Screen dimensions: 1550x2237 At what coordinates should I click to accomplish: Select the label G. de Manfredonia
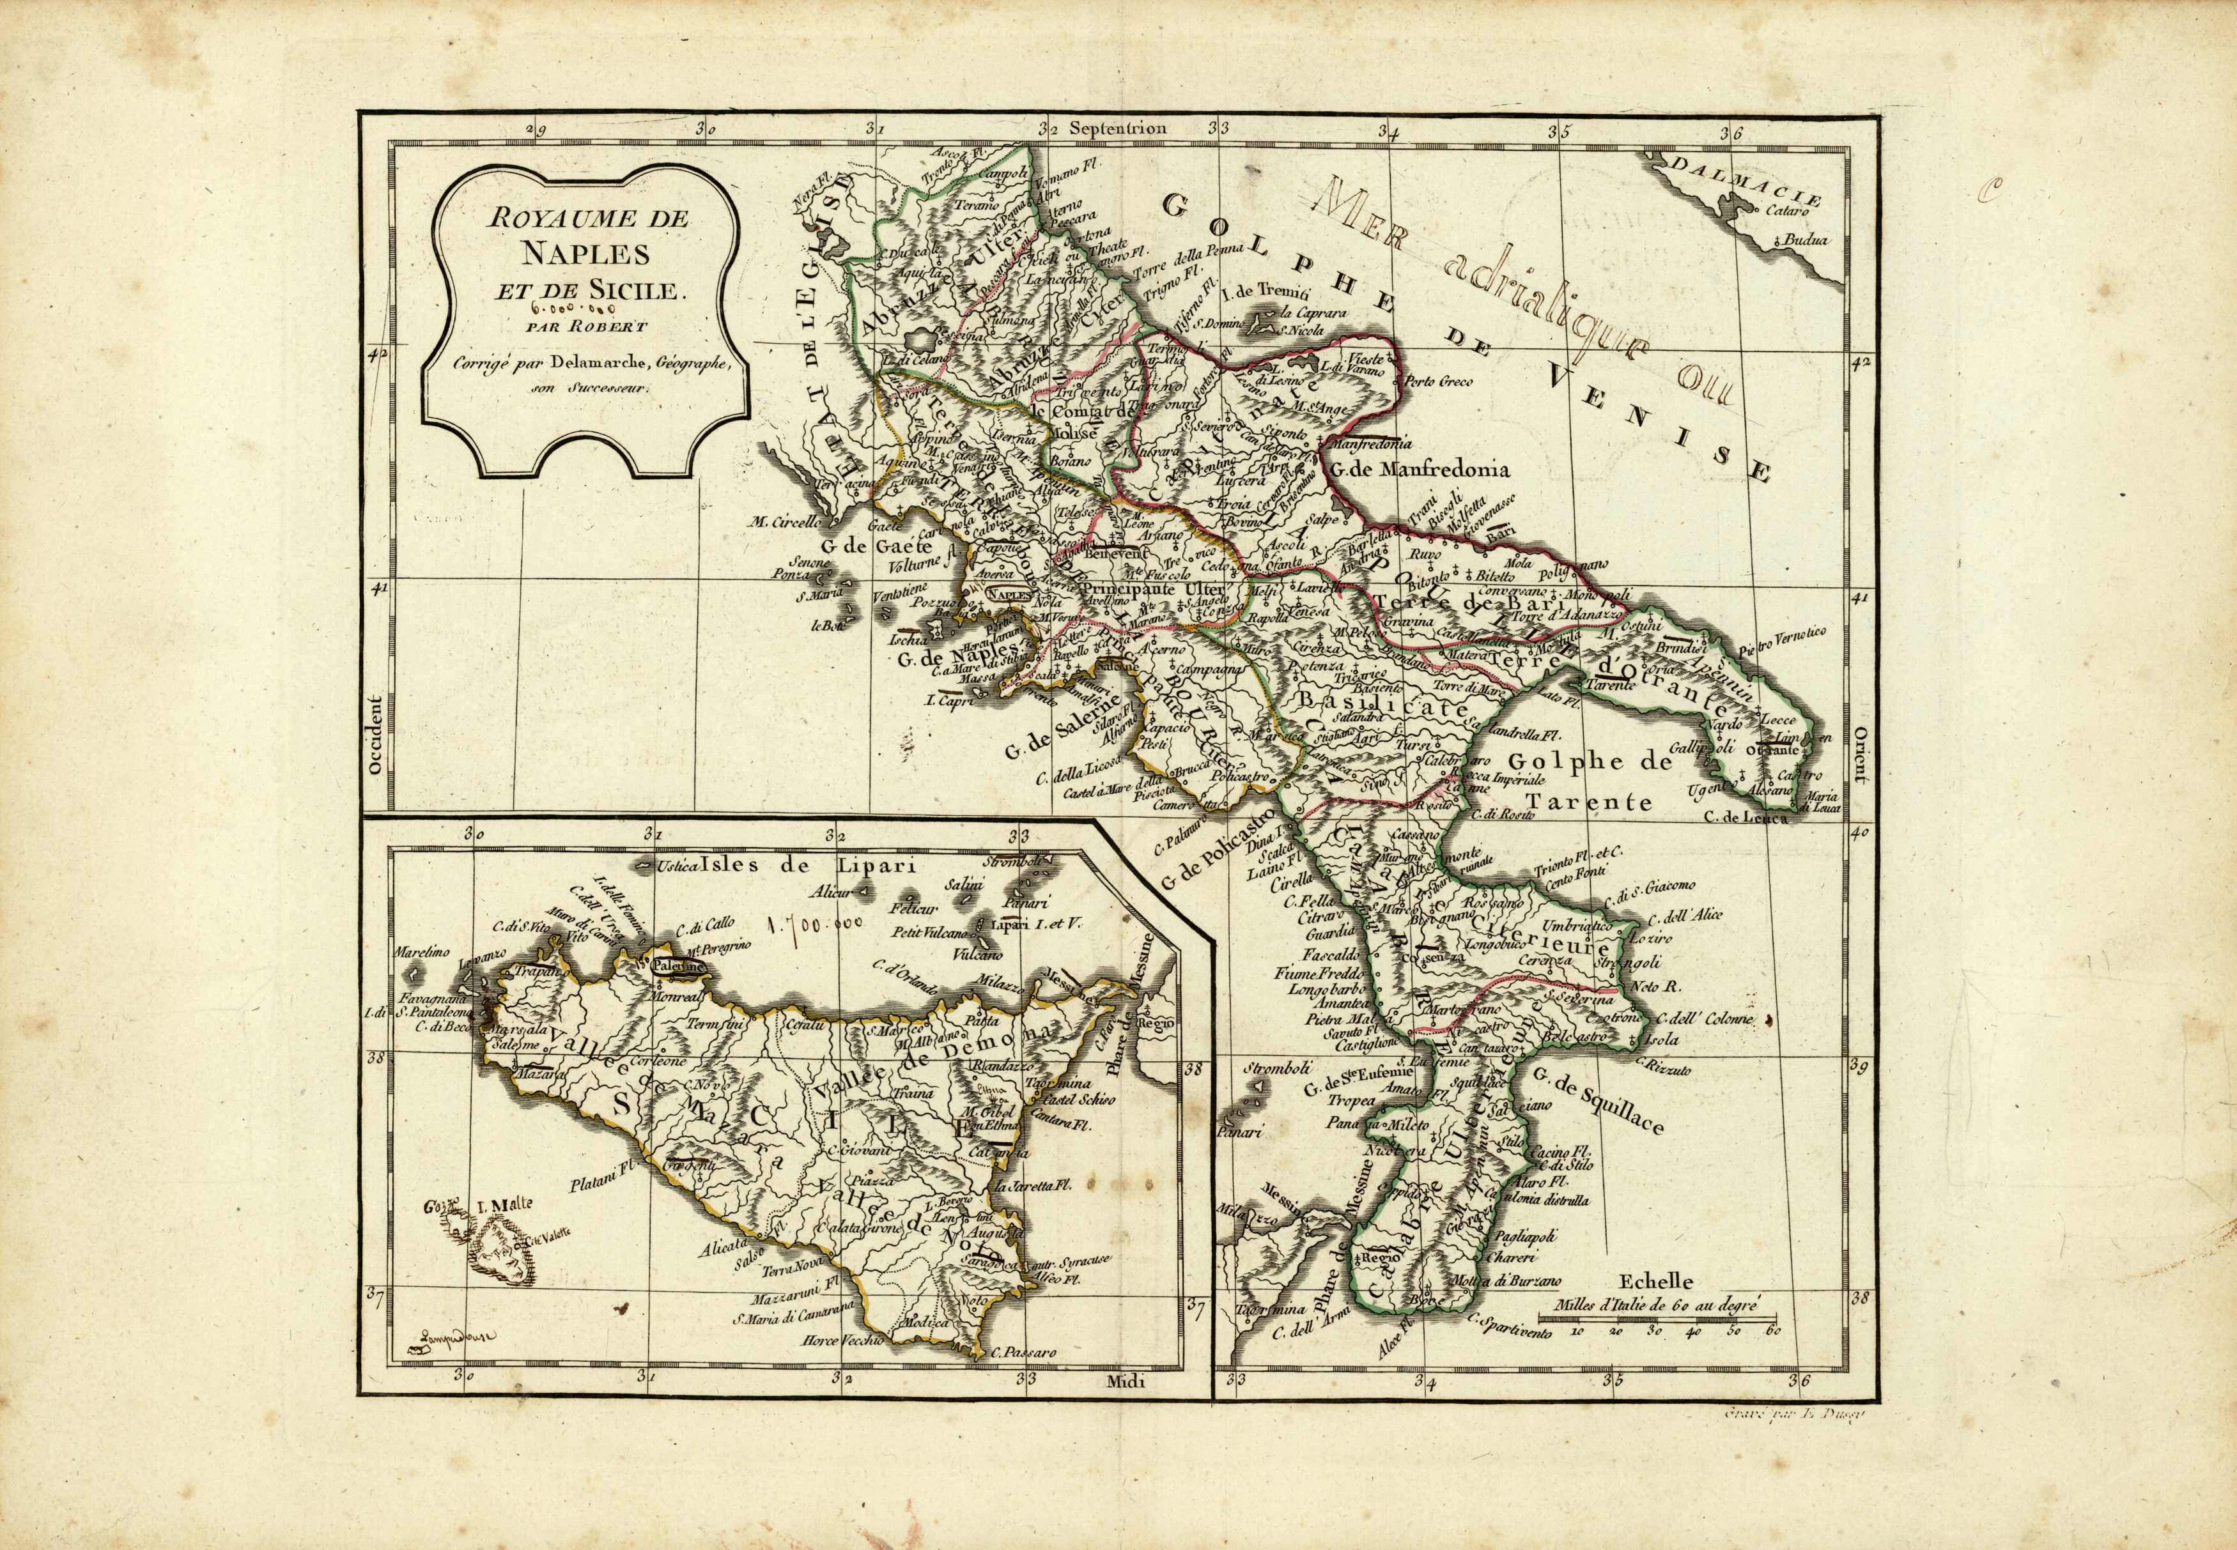(1417, 471)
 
